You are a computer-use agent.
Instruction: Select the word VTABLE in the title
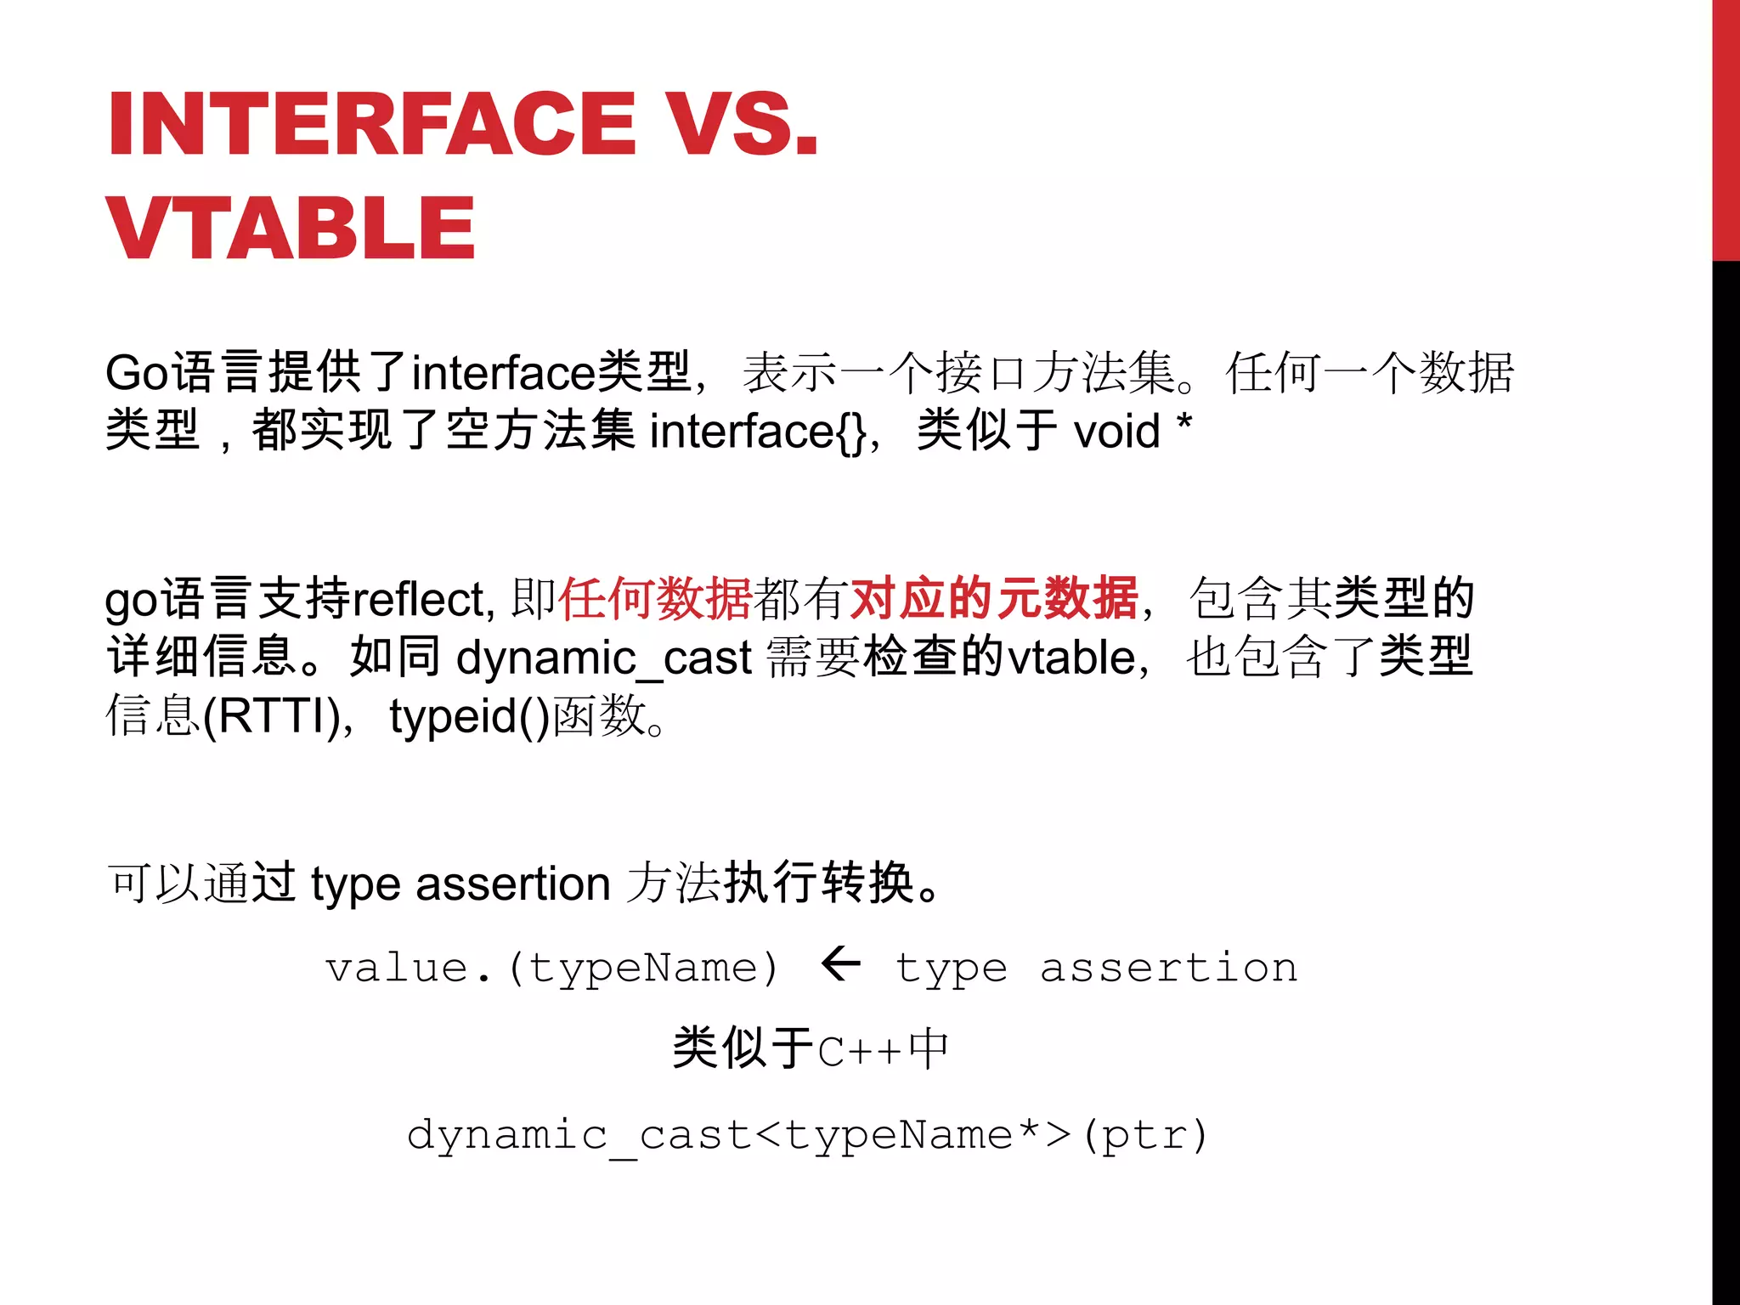click(x=291, y=228)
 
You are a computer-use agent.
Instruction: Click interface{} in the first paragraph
click(x=758, y=431)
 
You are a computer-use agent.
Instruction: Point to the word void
click(x=1116, y=431)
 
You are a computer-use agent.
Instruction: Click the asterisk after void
click(x=1184, y=422)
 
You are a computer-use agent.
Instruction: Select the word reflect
click(x=418, y=600)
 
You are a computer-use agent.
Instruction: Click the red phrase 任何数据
click(x=655, y=598)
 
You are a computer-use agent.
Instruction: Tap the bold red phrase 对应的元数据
click(x=993, y=598)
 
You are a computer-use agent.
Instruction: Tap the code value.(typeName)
click(x=552, y=969)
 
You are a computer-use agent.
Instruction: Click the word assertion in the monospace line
click(x=1168, y=969)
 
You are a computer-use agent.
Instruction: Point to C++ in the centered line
click(x=859, y=1052)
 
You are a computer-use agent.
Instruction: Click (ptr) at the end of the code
click(x=1145, y=1136)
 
